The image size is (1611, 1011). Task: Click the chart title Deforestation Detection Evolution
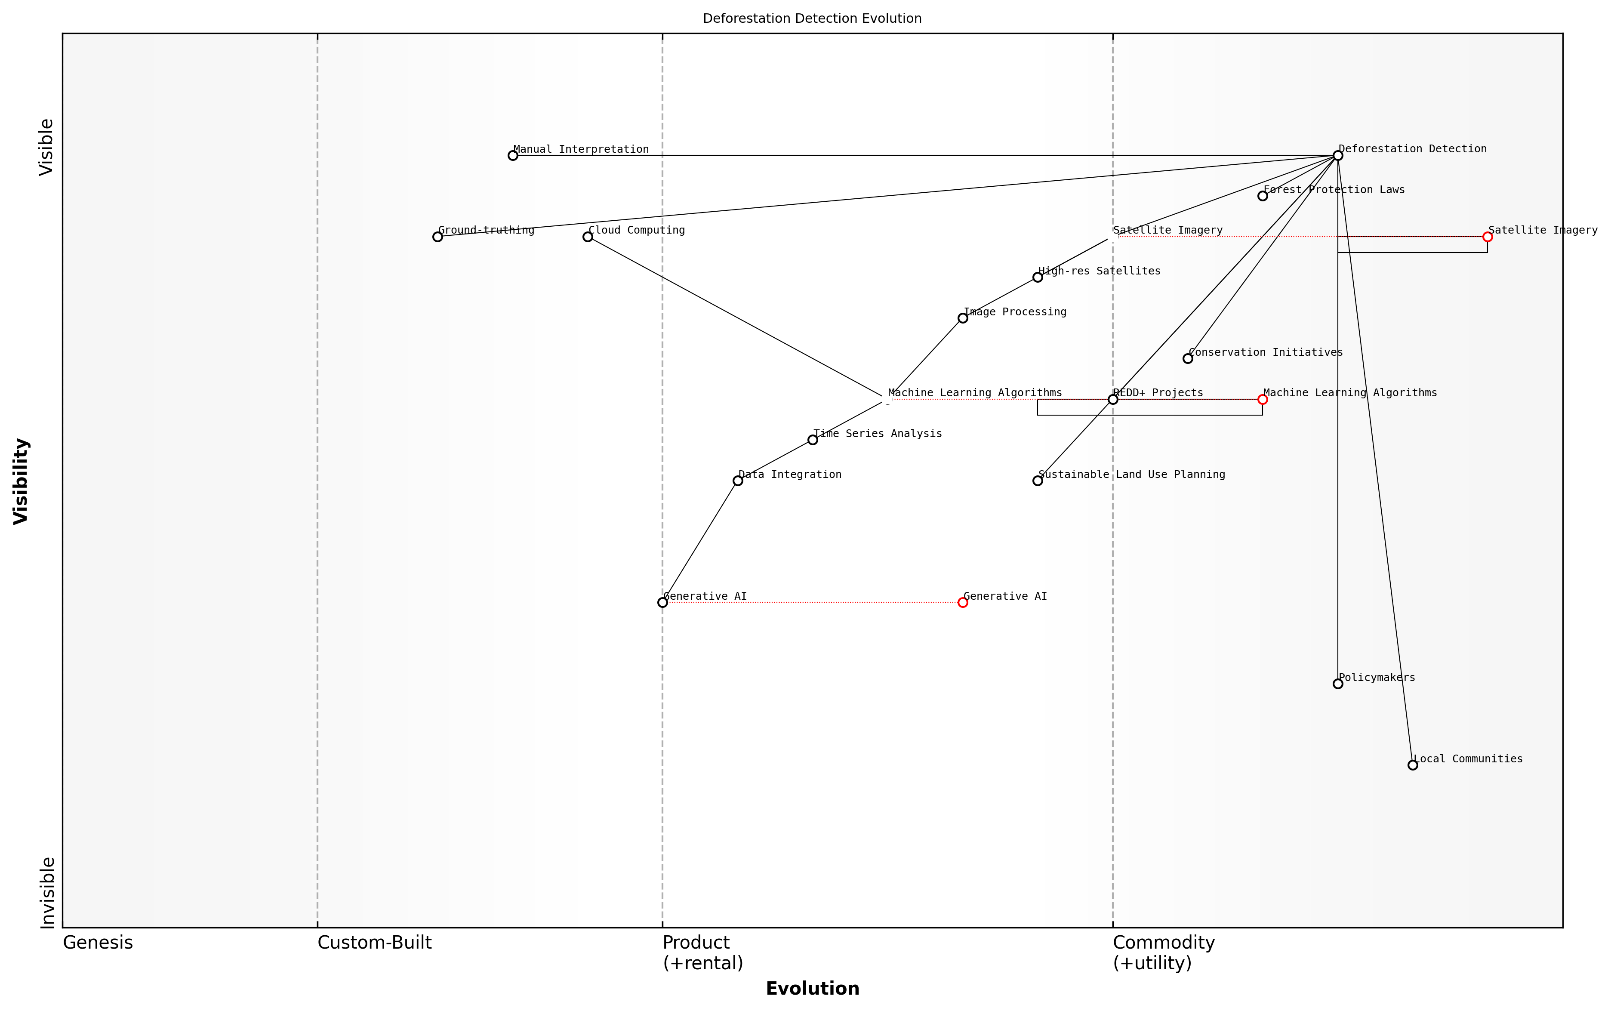click(811, 19)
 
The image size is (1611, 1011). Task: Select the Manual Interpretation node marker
click(513, 156)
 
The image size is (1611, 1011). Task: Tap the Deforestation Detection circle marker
click(1337, 156)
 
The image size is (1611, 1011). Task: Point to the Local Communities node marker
click(1412, 765)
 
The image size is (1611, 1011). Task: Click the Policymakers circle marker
click(1337, 683)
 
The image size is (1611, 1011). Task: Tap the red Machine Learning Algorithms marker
click(1263, 399)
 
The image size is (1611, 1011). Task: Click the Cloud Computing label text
click(636, 230)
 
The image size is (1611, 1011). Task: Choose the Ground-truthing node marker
click(437, 237)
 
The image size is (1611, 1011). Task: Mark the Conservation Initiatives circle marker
click(1188, 358)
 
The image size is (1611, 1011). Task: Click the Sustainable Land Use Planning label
click(1131, 474)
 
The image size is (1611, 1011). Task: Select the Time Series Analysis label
click(877, 433)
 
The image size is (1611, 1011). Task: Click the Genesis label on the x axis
click(98, 943)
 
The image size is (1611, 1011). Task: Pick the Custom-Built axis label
click(374, 943)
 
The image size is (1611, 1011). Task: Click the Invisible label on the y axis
click(47, 893)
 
